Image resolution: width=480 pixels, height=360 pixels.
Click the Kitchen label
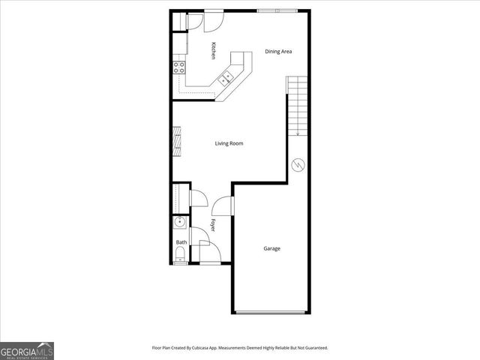[214, 50]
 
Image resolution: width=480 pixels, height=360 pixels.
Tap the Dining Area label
[278, 52]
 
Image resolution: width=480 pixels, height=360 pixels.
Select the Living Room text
[229, 143]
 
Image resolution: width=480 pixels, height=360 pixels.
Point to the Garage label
[271, 248]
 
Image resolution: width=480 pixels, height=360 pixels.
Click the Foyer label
[212, 224]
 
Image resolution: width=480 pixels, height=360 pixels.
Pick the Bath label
[181, 242]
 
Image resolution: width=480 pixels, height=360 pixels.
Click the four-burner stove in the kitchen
[179, 67]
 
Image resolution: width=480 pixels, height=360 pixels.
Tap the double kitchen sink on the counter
[227, 77]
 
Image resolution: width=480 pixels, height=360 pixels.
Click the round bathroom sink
[179, 222]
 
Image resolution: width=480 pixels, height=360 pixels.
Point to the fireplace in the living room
[178, 141]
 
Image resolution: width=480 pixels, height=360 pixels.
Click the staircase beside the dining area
[298, 105]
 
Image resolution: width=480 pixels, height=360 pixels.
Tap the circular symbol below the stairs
[298, 163]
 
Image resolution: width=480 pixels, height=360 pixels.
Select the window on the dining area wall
[275, 11]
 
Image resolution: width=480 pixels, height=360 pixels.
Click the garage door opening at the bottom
[271, 312]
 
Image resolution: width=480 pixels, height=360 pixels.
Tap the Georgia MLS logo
[27, 350]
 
